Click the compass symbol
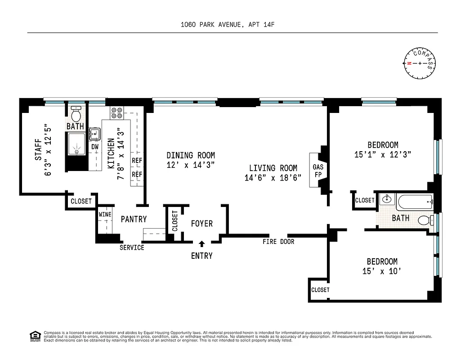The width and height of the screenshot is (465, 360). point(420,63)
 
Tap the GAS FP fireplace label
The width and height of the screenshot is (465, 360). point(318,171)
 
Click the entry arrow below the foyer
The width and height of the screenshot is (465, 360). point(201,244)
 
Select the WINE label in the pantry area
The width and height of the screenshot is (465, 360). point(105,215)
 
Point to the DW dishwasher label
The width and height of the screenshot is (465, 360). point(95,147)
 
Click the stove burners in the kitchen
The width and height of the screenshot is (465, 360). point(117,112)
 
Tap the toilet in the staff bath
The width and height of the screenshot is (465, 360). point(76,113)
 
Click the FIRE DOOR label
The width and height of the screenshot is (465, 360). point(278,242)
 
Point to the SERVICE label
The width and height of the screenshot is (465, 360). point(132,247)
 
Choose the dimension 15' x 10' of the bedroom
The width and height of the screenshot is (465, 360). point(382,271)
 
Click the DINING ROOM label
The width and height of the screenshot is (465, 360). point(190,155)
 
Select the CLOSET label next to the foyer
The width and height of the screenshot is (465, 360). point(174,220)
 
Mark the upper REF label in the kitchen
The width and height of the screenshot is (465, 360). point(137,160)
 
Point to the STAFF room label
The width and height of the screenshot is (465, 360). point(38,149)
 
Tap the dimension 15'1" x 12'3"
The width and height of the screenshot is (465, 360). point(383,154)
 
